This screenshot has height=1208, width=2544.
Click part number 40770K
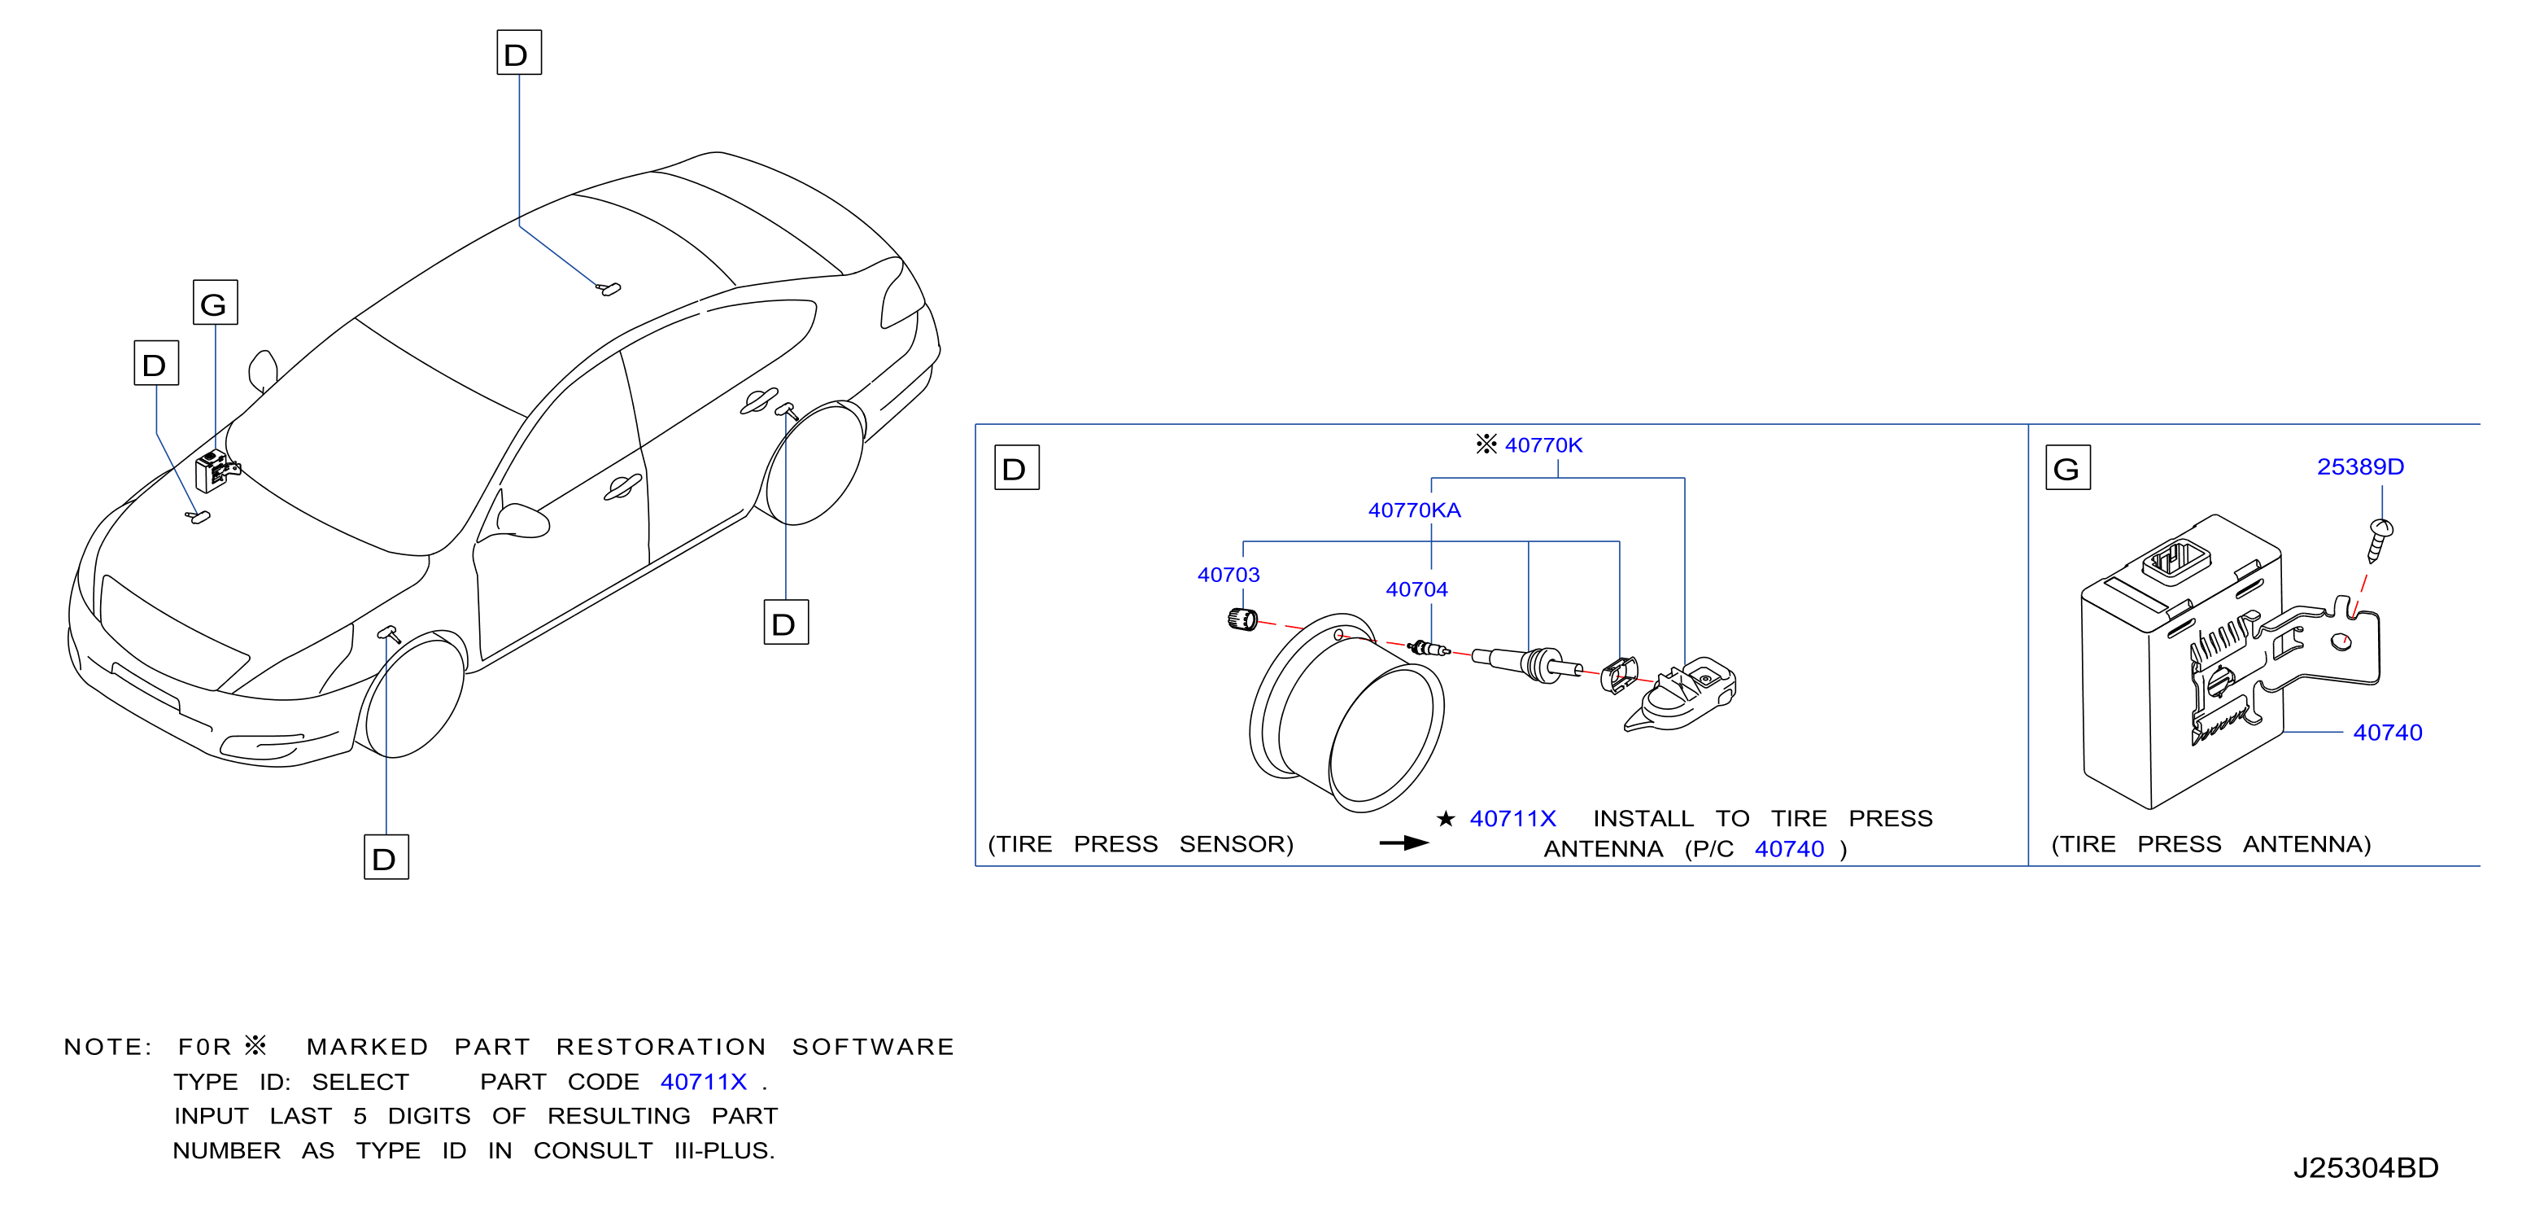click(1543, 445)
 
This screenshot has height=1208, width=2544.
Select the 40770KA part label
click(1414, 510)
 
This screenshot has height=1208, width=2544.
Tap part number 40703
click(1228, 575)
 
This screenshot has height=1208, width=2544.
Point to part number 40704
click(1416, 589)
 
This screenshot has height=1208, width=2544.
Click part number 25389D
click(2360, 467)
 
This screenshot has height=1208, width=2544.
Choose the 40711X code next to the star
click(1513, 819)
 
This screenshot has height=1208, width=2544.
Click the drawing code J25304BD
click(2365, 1168)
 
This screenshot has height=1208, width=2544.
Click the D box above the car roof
click(518, 52)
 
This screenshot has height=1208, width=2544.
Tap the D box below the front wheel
click(386, 857)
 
